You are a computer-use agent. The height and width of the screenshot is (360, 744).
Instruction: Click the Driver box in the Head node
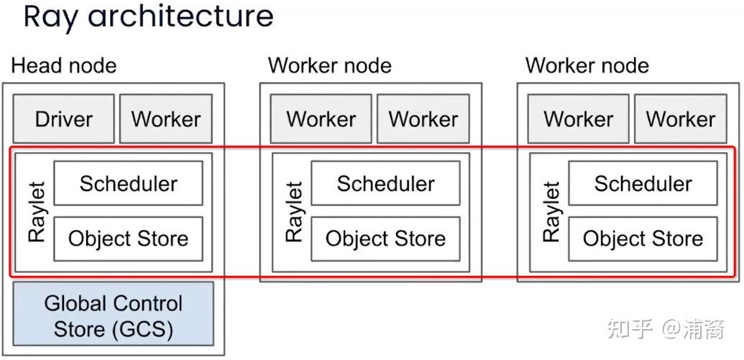pyautogui.click(x=63, y=119)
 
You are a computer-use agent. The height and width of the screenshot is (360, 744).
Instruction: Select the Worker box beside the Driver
pyautogui.click(x=166, y=119)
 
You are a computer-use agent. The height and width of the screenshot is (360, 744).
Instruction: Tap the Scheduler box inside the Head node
pyautogui.click(x=129, y=183)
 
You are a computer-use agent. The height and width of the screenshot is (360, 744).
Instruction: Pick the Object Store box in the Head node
pyautogui.click(x=129, y=239)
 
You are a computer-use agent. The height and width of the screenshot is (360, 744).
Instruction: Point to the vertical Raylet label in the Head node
pyautogui.click(x=37, y=212)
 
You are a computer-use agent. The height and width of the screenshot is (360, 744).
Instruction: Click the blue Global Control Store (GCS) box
pyautogui.click(x=114, y=316)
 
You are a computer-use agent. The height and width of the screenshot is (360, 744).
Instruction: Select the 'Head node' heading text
pyautogui.click(x=63, y=66)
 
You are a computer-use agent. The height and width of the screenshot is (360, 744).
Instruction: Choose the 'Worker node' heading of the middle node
pyautogui.click(x=329, y=66)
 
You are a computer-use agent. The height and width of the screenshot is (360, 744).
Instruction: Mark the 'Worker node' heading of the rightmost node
pyautogui.click(x=587, y=66)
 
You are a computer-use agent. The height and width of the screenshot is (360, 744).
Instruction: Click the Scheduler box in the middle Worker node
pyautogui.click(x=385, y=183)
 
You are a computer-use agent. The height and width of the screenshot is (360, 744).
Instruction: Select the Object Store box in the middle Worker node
pyautogui.click(x=385, y=239)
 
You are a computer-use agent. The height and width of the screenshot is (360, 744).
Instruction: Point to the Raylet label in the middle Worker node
pyautogui.click(x=294, y=212)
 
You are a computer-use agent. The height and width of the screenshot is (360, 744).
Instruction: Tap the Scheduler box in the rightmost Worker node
pyautogui.click(x=643, y=183)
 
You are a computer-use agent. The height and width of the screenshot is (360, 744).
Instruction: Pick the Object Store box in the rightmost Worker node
pyautogui.click(x=643, y=239)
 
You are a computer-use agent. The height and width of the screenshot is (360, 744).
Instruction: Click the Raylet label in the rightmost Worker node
pyautogui.click(x=551, y=212)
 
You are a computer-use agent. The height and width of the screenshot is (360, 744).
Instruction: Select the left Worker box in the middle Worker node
pyautogui.click(x=321, y=119)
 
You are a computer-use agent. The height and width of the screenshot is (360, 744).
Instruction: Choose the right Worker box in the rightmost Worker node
pyautogui.click(x=681, y=119)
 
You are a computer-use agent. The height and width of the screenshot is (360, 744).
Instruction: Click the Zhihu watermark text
pyautogui.click(x=665, y=329)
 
